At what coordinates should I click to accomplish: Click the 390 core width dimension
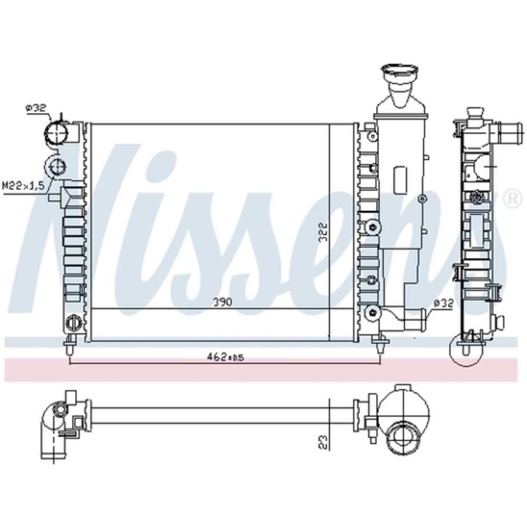tap(222, 302)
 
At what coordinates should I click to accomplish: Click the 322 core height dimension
tap(323, 232)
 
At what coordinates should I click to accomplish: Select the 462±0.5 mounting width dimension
tap(225, 357)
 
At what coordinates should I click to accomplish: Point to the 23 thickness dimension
tap(323, 442)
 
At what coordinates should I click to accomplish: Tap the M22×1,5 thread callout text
tap(24, 185)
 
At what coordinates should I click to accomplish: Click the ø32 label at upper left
tap(36, 108)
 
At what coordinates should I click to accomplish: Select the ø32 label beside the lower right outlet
tap(443, 303)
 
